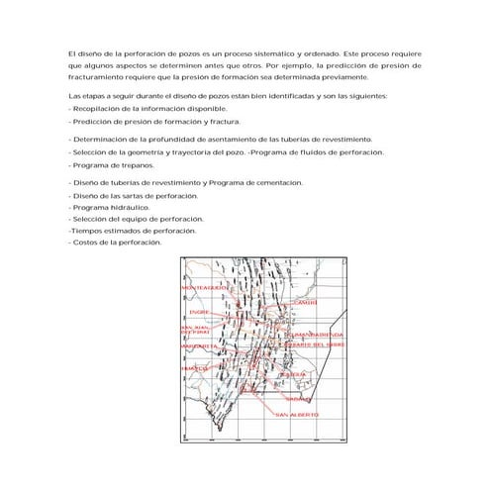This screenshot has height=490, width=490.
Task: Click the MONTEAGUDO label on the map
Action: click(205, 287)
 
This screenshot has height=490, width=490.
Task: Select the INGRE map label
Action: click(198, 312)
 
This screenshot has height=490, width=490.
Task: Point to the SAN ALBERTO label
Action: click(297, 414)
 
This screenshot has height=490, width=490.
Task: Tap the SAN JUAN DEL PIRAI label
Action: click(193, 329)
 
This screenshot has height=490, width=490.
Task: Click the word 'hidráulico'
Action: click(130, 208)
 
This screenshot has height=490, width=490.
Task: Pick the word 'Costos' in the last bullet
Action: click(85, 243)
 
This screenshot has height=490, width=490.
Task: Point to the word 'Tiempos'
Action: click(85, 231)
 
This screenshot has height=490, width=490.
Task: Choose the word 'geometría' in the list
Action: click(159, 152)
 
